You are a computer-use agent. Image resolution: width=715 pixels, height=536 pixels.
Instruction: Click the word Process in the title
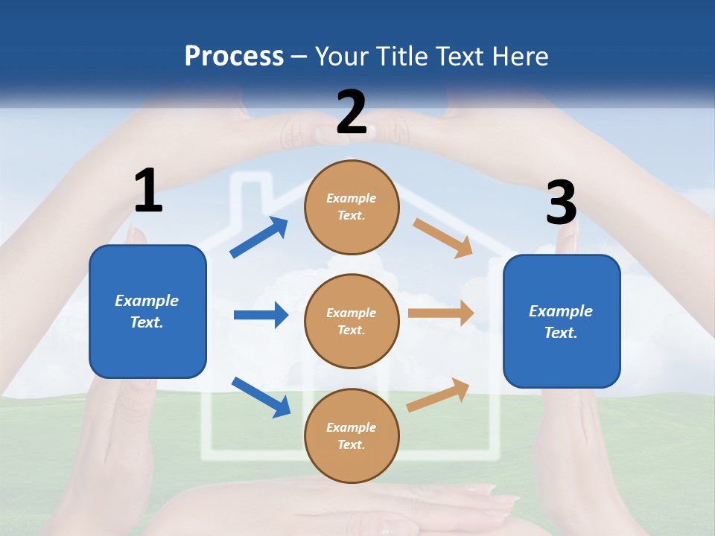pos(234,56)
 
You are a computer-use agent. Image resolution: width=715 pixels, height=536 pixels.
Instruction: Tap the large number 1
pos(148,191)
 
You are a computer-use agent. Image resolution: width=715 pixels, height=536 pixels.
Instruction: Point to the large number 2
pos(352,112)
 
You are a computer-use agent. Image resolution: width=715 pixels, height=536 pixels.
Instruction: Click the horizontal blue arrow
pos(261,315)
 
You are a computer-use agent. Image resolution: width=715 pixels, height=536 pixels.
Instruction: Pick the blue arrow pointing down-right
pos(261,396)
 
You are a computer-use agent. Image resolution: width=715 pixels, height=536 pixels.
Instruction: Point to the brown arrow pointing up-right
pos(439,395)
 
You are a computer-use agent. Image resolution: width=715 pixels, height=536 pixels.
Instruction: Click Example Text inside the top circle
pos(352,207)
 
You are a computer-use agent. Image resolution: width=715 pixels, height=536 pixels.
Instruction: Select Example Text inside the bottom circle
pos(352,436)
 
